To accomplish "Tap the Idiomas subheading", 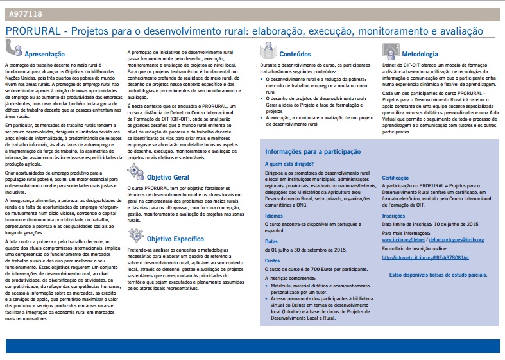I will [275, 216].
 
